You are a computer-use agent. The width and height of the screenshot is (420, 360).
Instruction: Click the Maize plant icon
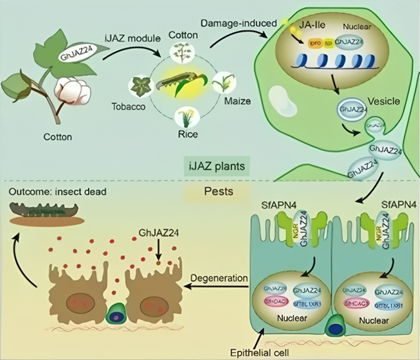tap(224, 82)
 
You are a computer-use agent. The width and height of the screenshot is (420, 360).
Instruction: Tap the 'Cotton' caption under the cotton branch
tap(58, 136)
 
